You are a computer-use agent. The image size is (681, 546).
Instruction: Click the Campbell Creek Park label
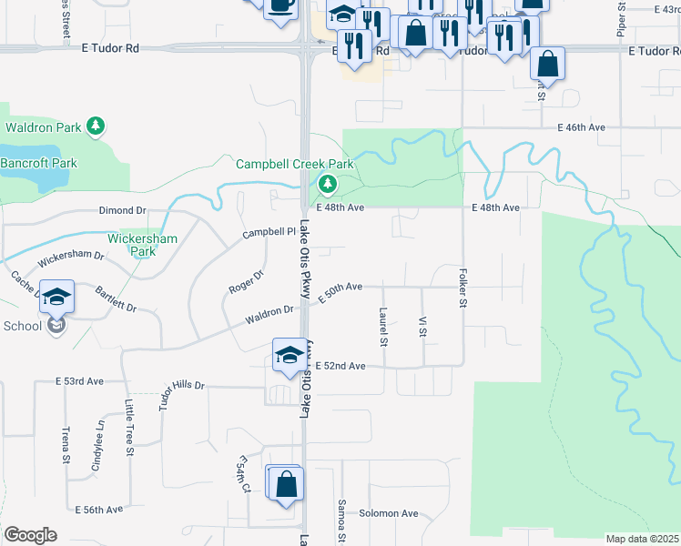(294, 165)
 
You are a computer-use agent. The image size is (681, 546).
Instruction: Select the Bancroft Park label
(39, 163)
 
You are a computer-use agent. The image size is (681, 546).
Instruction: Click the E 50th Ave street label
(340, 288)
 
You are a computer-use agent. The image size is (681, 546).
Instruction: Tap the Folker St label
(463, 288)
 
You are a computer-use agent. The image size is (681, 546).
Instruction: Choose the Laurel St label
(383, 328)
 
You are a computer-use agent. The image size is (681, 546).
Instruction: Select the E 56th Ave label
(98, 510)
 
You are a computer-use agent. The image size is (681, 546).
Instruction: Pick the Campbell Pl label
(270, 233)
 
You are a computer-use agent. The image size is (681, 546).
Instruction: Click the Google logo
(30, 534)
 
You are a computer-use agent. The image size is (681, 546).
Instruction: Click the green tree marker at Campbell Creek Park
(327, 186)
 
